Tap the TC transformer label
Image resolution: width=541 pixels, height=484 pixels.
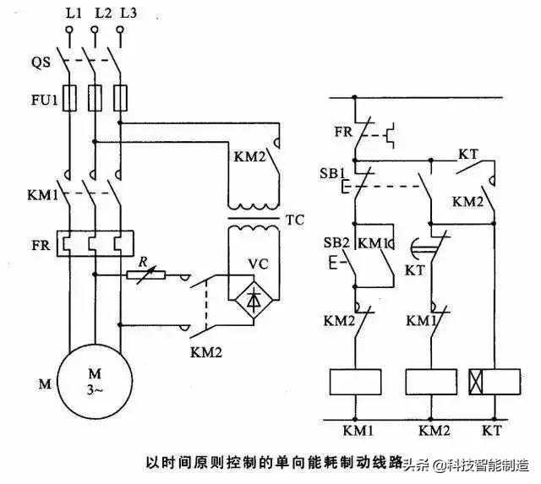[294, 220]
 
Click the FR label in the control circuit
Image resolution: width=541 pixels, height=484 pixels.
[342, 133]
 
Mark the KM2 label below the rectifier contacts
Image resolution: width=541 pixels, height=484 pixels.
[206, 351]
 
